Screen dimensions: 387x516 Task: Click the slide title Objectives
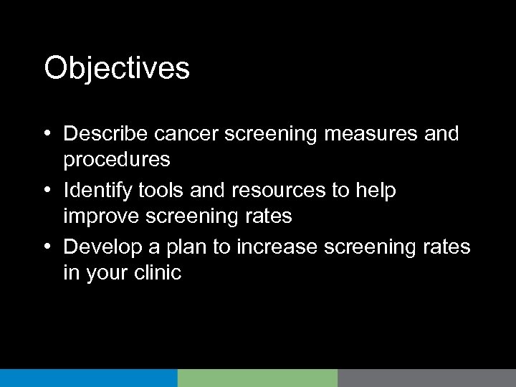point(117,69)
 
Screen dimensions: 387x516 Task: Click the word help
point(380,190)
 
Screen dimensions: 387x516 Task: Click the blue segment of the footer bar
point(88,378)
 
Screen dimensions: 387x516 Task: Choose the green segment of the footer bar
point(257,378)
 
